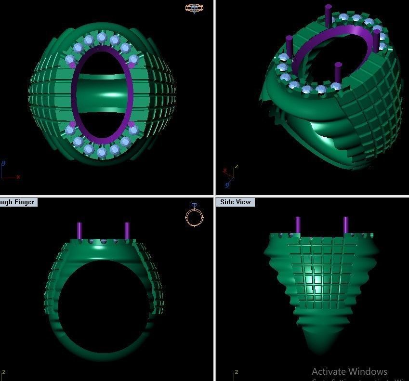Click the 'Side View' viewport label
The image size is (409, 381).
coord(235,202)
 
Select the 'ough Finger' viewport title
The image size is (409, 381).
coord(17,202)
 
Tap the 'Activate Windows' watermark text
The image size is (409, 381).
coord(349,371)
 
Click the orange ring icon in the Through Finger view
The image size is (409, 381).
coord(194,217)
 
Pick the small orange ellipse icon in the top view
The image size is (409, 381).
coord(194,8)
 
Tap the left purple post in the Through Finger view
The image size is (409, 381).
coord(79,231)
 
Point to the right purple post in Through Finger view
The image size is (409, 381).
coord(127,231)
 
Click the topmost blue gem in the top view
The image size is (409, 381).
coord(101,37)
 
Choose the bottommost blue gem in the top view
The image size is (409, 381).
coord(102,152)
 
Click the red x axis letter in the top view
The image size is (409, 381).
coord(18,177)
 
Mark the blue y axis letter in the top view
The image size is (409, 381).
coord(4,163)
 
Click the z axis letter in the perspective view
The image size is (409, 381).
coord(236,167)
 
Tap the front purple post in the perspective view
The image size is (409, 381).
coord(338,72)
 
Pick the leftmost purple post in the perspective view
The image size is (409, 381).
coord(290,45)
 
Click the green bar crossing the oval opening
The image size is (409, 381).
coord(102,89)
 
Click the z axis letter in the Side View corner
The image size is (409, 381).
coord(237,372)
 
